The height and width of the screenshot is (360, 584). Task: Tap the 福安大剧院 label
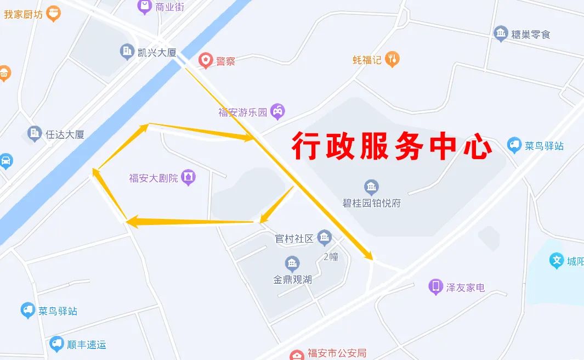pyautogui.click(x=154, y=178)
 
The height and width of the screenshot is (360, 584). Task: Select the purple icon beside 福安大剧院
pyautogui.click(x=188, y=177)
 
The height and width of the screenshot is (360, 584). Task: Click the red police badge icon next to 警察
pyautogui.click(x=205, y=60)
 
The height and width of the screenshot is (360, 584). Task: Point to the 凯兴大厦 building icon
pyautogui.click(x=127, y=52)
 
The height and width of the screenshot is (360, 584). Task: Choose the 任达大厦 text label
pyautogui.click(x=65, y=134)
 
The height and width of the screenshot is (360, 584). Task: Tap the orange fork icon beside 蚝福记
pyautogui.click(x=392, y=59)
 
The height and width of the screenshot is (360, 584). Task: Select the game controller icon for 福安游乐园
pyautogui.click(x=278, y=112)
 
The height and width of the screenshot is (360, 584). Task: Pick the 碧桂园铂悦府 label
pyautogui.click(x=372, y=203)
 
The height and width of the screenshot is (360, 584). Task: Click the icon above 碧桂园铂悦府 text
pyautogui.click(x=371, y=187)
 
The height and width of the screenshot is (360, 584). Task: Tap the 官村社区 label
pyautogui.click(x=294, y=239)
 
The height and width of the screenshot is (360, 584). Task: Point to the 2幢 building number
pyautogui.click(x=331, y=256)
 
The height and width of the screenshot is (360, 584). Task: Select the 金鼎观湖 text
pyautogui.click(x=293, y=279)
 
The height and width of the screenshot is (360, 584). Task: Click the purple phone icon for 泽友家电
pyautogui.click(x=435, y=286)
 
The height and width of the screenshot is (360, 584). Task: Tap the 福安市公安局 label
pyautogui.click(x=336, y=353)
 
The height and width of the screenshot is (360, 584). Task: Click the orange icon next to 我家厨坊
pyautogui.click(x=53, y=13)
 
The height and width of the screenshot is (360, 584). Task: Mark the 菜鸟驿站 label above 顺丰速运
pyautogui.click(x=58, y=311)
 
